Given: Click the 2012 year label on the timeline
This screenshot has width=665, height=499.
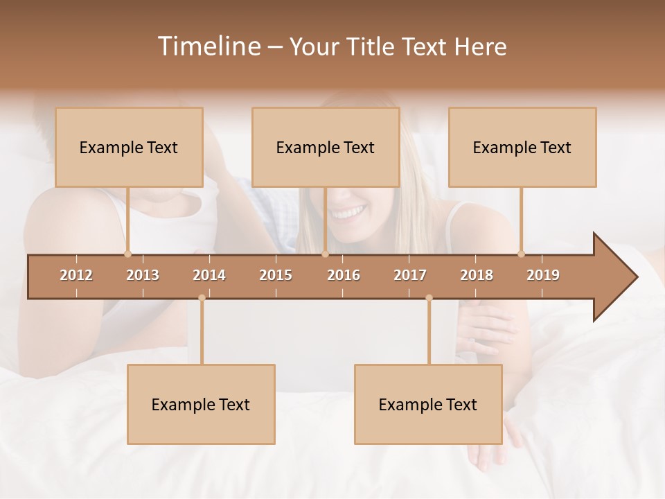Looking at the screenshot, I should point(76,275).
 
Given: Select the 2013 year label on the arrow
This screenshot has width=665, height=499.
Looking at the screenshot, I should point(143,275).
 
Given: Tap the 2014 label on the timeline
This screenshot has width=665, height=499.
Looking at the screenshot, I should point(209,275).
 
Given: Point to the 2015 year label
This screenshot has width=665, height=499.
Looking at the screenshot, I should point(276,275).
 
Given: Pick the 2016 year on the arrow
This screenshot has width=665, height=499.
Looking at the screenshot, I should point(344,275).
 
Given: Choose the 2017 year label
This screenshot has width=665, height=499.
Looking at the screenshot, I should point(410,275).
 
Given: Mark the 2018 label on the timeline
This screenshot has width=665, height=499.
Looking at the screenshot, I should point(477,275).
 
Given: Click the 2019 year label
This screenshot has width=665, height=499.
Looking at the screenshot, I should point(543,275).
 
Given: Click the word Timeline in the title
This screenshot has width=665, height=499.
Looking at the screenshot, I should point(208,46).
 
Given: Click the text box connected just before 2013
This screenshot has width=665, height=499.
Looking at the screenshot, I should point(129,147).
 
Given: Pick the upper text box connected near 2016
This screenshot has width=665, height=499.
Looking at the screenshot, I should point(326,147).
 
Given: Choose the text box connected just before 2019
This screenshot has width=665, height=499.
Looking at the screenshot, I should point(522,147).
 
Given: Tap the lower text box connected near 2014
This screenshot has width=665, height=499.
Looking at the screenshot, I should point(201,404).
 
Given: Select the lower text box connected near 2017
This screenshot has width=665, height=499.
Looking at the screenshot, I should point(428,404).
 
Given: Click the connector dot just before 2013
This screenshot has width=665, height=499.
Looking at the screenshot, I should point(127,254).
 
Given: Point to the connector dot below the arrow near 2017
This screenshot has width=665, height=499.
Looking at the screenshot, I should point(429,298).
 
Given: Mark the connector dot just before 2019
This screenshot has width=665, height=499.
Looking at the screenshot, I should point(522,254).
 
